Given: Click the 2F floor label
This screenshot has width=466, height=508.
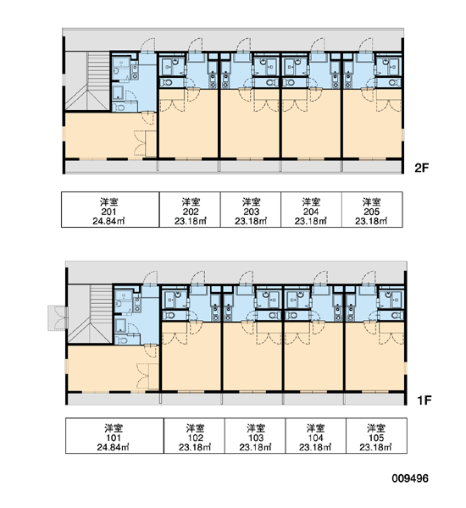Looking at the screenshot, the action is (x=421, y=168).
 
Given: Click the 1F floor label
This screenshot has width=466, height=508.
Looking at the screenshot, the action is (x=424, y=400).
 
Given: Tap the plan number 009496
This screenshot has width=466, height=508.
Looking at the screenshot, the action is (x=410, y=478).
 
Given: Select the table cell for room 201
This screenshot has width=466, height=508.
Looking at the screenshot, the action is (x=110, y=210).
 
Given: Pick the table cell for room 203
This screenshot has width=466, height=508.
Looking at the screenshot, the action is (x=251, y=210).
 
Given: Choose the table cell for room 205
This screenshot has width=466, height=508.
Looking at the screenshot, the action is (x=372, y=210).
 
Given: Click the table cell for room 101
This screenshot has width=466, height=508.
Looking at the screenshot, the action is (x=114, y=436).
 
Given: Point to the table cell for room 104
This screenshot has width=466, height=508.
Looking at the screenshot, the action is (x=315, y=436).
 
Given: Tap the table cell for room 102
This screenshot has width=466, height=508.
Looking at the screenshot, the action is (x=194, y=436).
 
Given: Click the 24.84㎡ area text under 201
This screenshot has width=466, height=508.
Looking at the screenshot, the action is (x=108, y=221).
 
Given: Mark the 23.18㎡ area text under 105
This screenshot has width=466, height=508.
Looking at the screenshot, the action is (x=375, y=447).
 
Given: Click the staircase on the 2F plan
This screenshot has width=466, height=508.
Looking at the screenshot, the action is (x=87, y=81).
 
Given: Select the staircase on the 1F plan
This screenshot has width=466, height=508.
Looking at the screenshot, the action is (x=90, y=313).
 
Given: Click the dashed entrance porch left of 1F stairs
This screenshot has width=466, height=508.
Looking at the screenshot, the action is (x=58, y=317).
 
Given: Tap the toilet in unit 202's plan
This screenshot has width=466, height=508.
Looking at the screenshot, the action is (x=167, y=83).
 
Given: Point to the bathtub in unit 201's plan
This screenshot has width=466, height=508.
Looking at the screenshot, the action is (x=118, y=92).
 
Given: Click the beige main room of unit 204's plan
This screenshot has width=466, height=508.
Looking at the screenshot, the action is (x=311, y=130).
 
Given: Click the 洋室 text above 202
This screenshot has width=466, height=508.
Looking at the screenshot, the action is (x=191, y=202).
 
